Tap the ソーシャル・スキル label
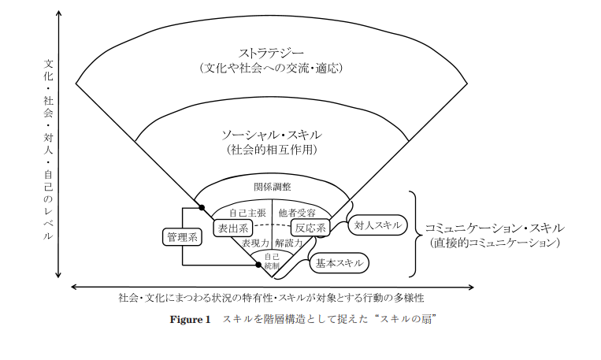coord(272,134)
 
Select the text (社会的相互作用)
coord(272,149)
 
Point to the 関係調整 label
coord(273,187)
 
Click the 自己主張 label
coord(245,213)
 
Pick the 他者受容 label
coord(297,213)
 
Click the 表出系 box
coord(233,228)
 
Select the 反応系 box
coord(310,228)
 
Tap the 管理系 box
coord(182,236)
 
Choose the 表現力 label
coord(256,243)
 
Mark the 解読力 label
coord(289,243)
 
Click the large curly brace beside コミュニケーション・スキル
coord(415,234)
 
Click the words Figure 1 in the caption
coord(191,320)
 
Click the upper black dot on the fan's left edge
coord(202,208)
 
